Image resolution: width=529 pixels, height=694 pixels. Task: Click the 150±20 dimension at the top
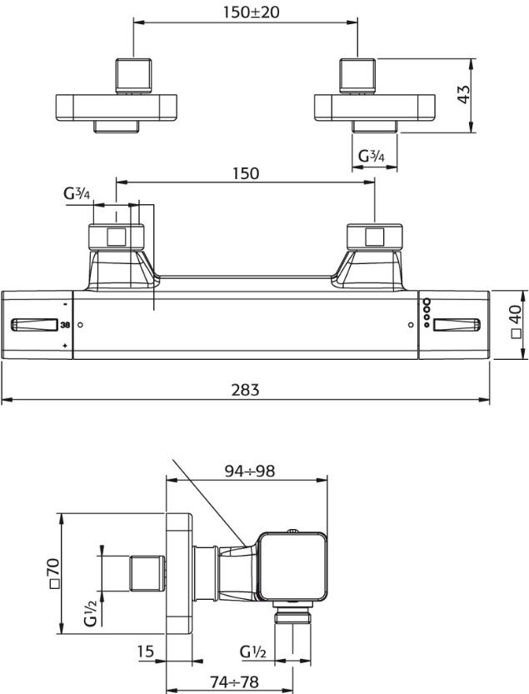tap(251, 12)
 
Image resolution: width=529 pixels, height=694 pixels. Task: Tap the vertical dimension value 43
tap(463, 94)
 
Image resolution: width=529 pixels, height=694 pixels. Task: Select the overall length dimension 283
tap(245, 390)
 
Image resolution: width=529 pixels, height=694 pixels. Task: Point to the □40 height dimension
tap(517, 322)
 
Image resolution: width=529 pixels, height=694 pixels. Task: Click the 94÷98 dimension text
tap(250, 471)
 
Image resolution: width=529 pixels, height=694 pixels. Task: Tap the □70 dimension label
tap(53, 574)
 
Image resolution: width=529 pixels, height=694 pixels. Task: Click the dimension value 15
tap(146, 652)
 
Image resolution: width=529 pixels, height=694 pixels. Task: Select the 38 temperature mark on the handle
tap(65, 325)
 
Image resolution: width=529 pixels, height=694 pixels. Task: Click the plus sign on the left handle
tap(65, 345)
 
